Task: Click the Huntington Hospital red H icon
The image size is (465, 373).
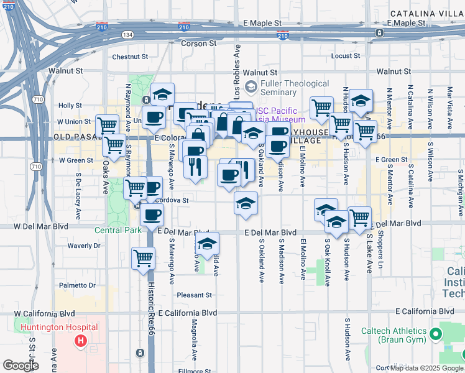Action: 80,341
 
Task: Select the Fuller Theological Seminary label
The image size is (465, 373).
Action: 296,88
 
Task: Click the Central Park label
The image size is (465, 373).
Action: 117,230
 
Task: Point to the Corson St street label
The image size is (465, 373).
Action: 198,44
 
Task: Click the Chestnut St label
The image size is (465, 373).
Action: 129,57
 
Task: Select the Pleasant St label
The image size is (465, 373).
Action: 194,295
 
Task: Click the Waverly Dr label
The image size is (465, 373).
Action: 84,246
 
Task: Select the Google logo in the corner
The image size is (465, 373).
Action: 21,366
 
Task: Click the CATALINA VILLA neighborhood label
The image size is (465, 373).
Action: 426,14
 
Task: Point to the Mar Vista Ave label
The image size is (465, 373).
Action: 449,99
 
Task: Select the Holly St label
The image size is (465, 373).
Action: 70,106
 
